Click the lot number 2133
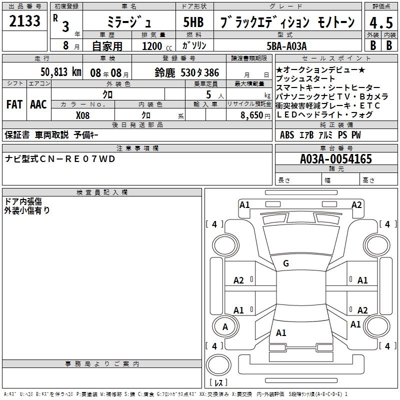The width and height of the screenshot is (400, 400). [24, 20]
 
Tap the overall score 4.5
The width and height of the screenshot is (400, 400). [381, 22]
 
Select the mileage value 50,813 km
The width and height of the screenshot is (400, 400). [61, 72]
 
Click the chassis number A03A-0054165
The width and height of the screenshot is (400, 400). [335, 158]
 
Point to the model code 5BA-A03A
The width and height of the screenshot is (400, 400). [286, 46]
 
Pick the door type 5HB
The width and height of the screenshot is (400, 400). [193, 22]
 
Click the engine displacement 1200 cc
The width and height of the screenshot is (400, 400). [157, 46]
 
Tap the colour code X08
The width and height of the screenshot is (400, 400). [82, 115]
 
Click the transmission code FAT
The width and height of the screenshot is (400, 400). [14, 104]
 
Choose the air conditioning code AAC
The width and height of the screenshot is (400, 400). [38, 104]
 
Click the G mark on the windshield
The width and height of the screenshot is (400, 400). [286, 263]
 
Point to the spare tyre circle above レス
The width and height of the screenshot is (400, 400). [218, 365]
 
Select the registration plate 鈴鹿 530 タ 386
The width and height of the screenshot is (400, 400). [186, 72]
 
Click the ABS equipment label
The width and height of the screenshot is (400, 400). [286, 134]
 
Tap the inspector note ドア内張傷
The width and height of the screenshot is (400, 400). [23, 201]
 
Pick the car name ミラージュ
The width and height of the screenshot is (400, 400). [129, 22]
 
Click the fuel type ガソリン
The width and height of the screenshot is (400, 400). [194, 45]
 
